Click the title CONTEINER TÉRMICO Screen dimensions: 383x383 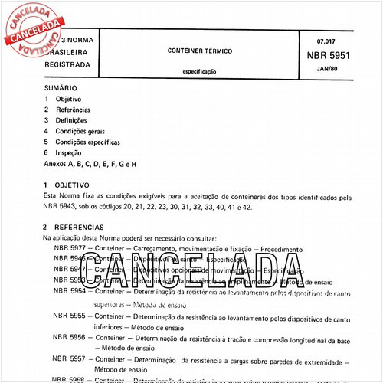(x=200, y=50)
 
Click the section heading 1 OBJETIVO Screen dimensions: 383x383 (x=73, y=187)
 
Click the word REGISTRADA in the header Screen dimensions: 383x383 (x=67, y=64)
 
